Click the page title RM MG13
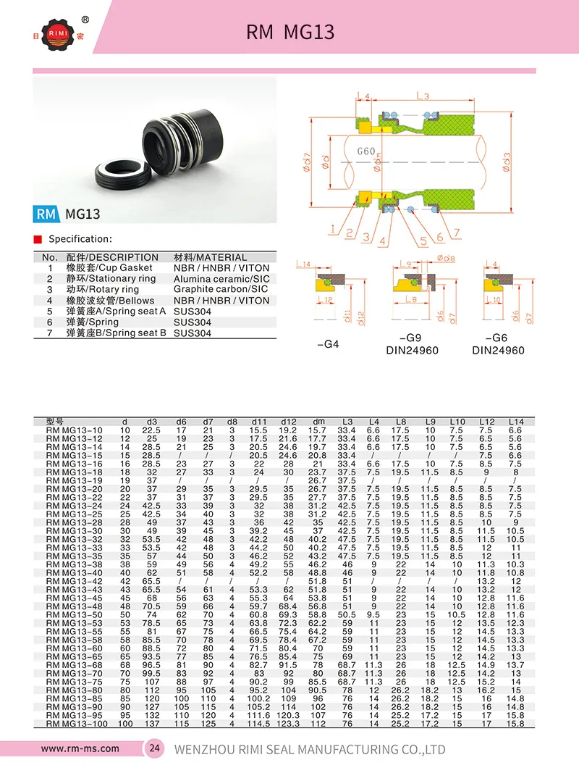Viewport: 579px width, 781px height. point(290,32)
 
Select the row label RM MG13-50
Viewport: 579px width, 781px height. point(73,614)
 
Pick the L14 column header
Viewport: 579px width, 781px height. point(515,421)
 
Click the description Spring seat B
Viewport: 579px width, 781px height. point(117,333)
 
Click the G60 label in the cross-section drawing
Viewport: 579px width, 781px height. point(366,151)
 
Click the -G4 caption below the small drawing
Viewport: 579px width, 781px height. point(329,344)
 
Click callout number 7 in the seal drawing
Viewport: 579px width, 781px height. point(457,233)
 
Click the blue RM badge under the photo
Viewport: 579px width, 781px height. point(47,214)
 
